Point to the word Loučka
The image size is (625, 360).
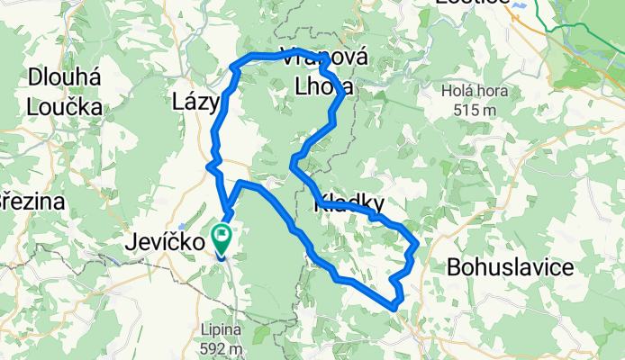pos(65,106)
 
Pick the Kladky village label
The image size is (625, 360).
pos(350,204)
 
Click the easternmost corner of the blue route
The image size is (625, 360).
pos(417,242)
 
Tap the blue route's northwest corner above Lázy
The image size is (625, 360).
pos(236,66)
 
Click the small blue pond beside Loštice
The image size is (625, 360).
pos(521,4)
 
